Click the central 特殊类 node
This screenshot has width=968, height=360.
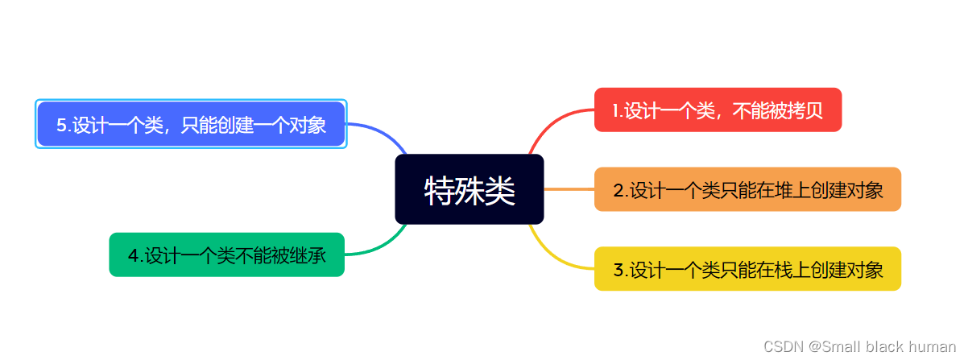470,189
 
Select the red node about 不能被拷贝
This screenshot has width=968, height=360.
718,110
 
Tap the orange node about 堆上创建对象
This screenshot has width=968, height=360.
747,189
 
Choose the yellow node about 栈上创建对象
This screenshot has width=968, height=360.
747,269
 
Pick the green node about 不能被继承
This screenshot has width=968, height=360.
226,254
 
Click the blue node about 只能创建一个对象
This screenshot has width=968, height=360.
191,124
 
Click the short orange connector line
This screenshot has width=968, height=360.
569,189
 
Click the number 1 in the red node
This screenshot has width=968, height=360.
615,110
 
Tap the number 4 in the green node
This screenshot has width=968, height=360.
133,256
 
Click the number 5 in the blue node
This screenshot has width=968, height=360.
61,125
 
